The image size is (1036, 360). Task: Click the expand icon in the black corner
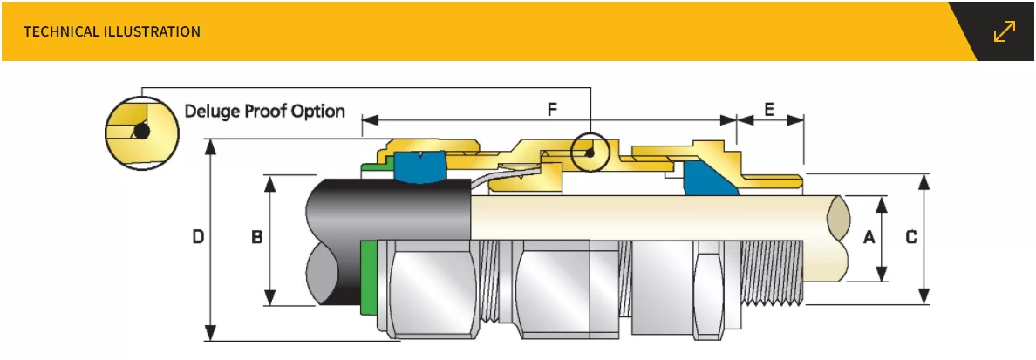(x=1005, y=31)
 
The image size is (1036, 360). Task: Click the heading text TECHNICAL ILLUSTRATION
(x=112, y=31)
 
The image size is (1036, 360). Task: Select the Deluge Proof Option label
(x=264, y=112)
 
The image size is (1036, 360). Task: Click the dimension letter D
(x=198, y=236)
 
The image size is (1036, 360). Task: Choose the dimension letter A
(x=869, y=236)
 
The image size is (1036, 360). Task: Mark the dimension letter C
(x=911, y=236)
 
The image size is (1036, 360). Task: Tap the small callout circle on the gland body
(x=590, y=153)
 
